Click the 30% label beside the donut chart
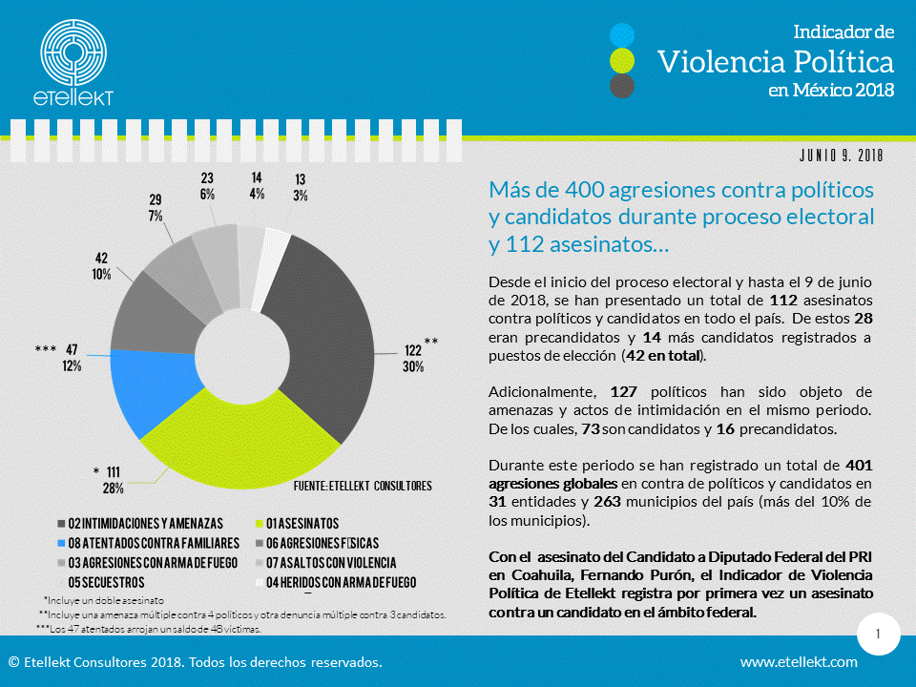(412, 366)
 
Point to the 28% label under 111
(114, 489)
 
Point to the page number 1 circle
(877, 634)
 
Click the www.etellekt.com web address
(799, 661)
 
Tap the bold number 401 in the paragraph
(859, 465)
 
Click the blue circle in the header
(622, 35)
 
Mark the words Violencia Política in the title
(776, 62)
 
